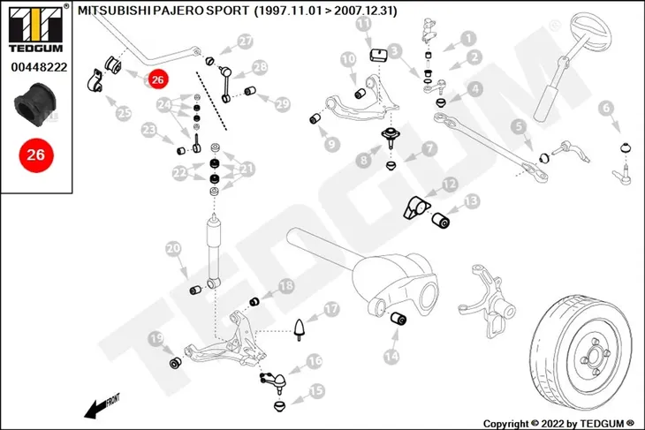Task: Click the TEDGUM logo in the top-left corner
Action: pyautogui.click(x=36, y=29)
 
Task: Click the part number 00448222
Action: pyautogui.click(x=39, y=67)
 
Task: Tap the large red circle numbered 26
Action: pyautogui.click(x=36, y=155)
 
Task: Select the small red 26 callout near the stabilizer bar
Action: pyautogui.click(x=157, y=79)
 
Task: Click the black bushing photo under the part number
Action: pyautogui.click(x=36, y=105)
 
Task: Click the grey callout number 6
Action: pyautogui.click(x=606, y=108)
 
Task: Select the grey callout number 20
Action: pyautogui.click(x=173, y=249)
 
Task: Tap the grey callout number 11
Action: pyautogui.click(x=363, y=24)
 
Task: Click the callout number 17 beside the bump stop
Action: pyautogui.click(x=331, y=309)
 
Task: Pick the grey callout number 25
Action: pyautogui.click(x=124, y=112)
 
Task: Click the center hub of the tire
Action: pyautogui.click(x=594, y=354)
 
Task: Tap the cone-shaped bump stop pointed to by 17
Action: pyautogui.click(x=300, y=328)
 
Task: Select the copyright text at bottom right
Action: pyautogui.click(x=558, y=424)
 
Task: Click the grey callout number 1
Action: pyautogui.click(x=468, y=39)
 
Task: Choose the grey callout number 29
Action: pyautogui.click(x=282, y=104)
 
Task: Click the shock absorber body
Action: pyautogui.click(x=215, y=251)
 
